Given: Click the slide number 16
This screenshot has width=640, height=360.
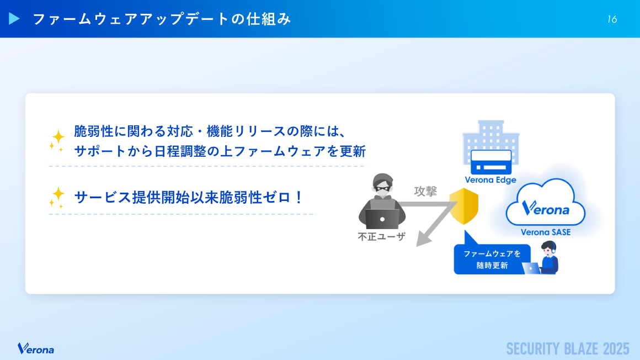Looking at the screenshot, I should (x=612, y=19).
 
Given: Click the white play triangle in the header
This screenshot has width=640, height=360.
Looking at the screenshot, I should (x=14, y=19).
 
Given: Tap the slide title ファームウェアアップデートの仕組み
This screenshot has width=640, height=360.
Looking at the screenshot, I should (x=162, y=19).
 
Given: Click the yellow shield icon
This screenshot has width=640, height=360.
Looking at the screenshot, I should (x=463, y=205).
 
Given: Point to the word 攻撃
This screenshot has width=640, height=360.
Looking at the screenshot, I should (x=425, y=191).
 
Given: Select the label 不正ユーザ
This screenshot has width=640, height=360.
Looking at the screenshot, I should (x=382, y=237).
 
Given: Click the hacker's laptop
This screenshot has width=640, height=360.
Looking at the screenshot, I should (x=382, y=219).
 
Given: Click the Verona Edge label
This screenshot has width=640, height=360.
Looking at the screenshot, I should (x=490, y=180).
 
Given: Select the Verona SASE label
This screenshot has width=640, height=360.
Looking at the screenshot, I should (x=546, y=232).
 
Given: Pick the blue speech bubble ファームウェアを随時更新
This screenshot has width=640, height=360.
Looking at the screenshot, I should (x=492, y=259).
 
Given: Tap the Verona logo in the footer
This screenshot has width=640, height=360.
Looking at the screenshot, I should (x=36, y=348).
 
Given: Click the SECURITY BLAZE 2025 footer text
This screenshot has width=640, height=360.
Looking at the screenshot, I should (x=568, y=349).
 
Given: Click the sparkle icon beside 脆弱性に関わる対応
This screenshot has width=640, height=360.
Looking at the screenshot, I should (x=57, y=141).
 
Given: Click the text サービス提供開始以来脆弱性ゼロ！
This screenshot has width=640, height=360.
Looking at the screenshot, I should (x=189, y=197).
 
